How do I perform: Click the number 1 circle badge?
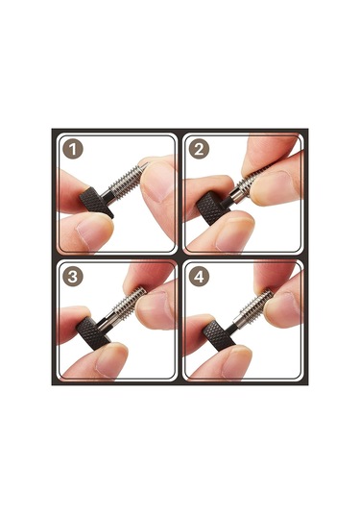click(73, 149)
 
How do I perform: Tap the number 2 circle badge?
click(199, 149)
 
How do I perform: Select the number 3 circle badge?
click(73, 277)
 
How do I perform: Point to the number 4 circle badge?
click(199, 277)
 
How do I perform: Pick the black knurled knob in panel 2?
click(210, 208)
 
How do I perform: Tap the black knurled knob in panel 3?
click(92, 333)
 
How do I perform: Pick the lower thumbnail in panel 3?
click(110, 360)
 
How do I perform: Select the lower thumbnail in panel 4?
click(236, 362)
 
